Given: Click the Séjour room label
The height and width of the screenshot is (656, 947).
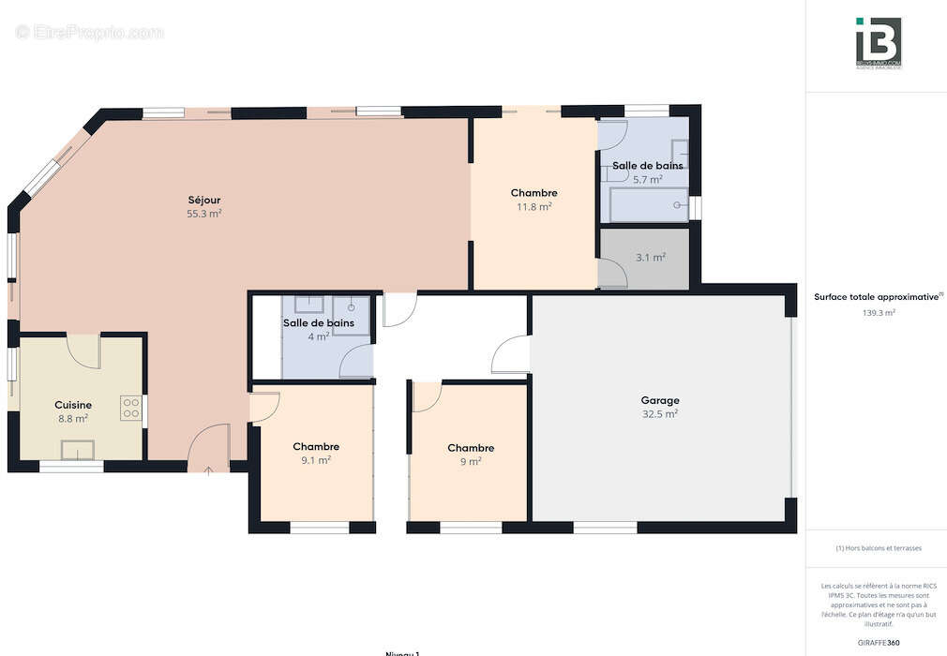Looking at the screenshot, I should [203, 200].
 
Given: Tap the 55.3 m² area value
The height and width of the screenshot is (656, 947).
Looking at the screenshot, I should [203, 214].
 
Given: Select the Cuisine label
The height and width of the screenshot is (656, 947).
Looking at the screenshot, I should [73, 405].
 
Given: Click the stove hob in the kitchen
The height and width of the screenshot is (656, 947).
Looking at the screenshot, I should [130, 408].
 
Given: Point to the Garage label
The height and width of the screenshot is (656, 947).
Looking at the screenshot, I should [660, 400].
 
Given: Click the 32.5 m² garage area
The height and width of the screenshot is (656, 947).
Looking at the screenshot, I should [660, 413].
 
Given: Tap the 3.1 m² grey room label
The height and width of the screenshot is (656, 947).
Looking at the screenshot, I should [651, 257].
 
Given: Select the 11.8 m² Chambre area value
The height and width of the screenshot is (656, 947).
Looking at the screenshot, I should [534, 207].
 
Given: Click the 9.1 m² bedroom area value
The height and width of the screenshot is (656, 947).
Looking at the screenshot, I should [316, 460].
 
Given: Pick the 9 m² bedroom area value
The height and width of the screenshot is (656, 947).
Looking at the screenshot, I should [470, 461].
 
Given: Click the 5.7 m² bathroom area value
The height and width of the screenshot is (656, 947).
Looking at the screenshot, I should [648, 179].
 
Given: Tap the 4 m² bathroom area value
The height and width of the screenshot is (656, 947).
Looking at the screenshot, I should [320, 336].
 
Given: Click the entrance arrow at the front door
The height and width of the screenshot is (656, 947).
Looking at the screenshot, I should [207, 468].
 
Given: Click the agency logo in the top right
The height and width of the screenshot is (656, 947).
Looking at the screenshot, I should [878, 42].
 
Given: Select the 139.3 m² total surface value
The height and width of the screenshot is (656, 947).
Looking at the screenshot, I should [878, 313].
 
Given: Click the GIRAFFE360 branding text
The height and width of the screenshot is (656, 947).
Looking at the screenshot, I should [878, 642].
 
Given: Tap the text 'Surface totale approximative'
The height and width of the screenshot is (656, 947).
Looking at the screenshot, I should [876, 297].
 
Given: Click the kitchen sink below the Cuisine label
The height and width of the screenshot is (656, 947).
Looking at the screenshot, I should [78, 450].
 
